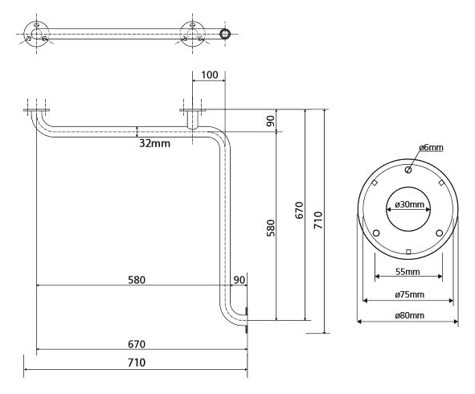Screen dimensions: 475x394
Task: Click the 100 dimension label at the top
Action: coord(209,75)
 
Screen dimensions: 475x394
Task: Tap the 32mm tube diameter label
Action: coord(154,143)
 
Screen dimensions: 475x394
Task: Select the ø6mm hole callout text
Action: coord(431,148)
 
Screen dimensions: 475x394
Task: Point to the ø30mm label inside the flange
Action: coord(409,204)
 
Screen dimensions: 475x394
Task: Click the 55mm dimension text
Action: coord(407,272)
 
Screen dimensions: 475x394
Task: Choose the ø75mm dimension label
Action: coord(410,294)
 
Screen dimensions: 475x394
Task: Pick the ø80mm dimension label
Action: coord(410,315)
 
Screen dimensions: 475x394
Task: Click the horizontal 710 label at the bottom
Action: coord(137,363)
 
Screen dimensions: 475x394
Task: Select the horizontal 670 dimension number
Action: coord(137,344)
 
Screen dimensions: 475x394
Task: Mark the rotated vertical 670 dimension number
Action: coord(299,210)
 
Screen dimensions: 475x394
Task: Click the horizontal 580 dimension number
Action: coord(137,280)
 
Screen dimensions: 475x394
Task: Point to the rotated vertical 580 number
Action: coord(270,228)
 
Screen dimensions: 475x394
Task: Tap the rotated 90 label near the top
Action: coord(271,121)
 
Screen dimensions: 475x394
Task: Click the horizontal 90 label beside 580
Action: coord(239,280)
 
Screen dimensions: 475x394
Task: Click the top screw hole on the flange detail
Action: coord(408,170)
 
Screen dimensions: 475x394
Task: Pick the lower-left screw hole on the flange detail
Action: coord(376,233)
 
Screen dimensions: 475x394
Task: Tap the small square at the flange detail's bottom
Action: coord(408,252)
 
